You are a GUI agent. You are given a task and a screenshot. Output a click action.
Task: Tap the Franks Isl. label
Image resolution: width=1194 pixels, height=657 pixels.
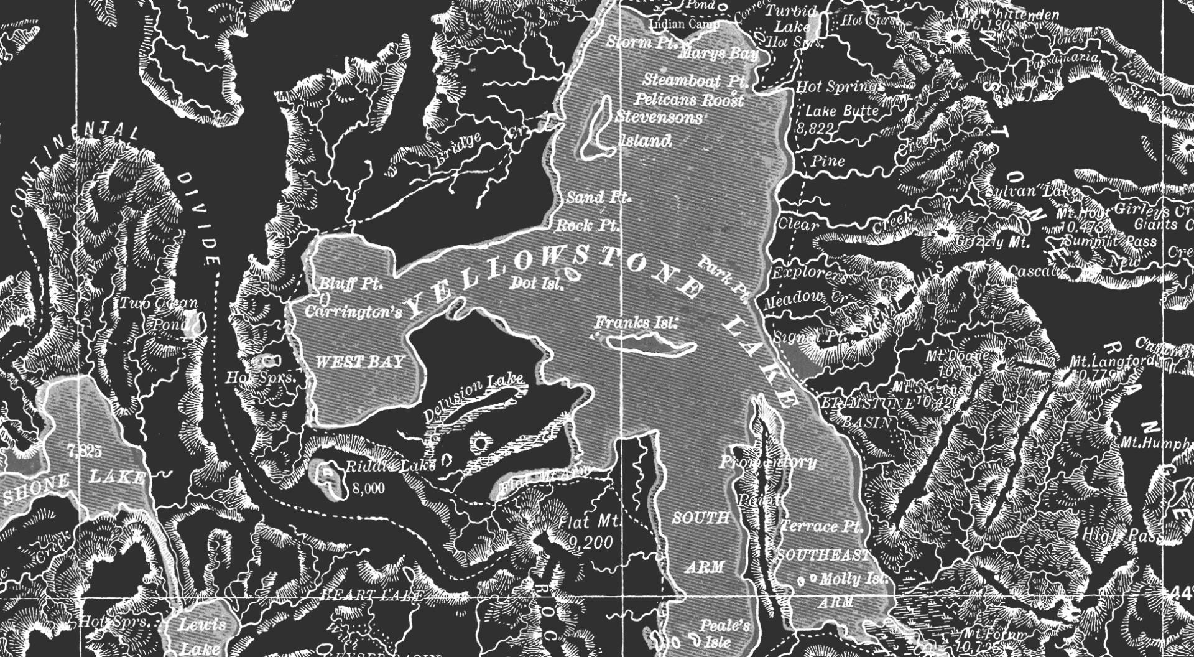click(634, 323)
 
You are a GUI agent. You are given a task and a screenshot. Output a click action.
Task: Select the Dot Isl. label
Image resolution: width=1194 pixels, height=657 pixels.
click(537, 284)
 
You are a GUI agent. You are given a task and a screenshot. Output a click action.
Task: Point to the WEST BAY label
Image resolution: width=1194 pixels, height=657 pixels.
click(360, 362)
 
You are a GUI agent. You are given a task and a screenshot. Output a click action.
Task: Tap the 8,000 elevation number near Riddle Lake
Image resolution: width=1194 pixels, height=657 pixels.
click(369, 488)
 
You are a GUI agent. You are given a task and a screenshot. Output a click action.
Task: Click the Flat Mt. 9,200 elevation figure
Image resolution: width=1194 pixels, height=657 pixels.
click(590, 543)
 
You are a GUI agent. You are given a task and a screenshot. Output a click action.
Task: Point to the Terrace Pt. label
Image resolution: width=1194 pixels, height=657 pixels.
click(821, 526)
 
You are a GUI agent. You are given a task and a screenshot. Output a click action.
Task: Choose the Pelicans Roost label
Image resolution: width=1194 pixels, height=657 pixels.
click(689, 100)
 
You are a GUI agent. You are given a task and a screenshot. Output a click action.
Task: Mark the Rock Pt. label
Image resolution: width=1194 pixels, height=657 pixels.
click(586, 225)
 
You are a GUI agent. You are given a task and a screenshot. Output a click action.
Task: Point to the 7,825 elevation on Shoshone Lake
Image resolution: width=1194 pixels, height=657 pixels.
click(85, 452)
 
